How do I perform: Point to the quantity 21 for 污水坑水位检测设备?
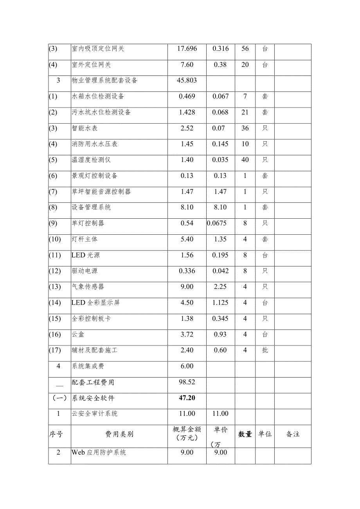245,112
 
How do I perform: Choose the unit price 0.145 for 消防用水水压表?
220,144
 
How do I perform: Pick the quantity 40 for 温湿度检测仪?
245,160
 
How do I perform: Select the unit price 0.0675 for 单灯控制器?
217,223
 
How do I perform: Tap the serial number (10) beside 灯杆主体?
56,239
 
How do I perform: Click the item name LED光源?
86,255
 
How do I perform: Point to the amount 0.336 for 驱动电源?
187,271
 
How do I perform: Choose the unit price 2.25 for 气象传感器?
220,287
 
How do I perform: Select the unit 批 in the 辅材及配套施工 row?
265,350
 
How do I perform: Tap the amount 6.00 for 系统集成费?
187,366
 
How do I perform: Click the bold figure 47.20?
187,398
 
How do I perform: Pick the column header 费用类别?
119,434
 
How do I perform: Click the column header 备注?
293,434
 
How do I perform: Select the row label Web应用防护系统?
99,453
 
